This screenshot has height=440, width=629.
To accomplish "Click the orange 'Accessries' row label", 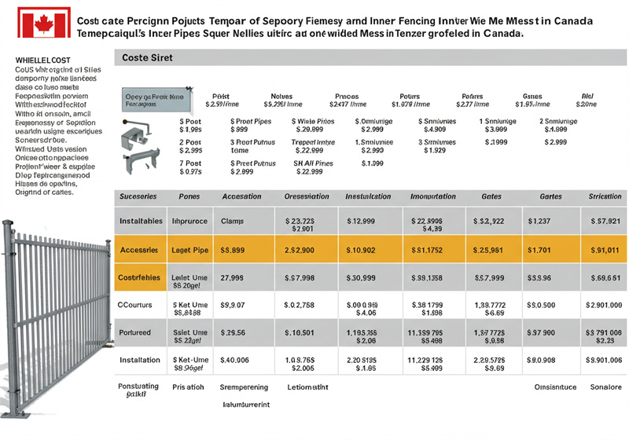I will [x=141, y=250].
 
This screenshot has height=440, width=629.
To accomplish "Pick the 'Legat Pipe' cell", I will [x=189, y=250].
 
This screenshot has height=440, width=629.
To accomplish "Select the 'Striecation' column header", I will [x=605, y=196].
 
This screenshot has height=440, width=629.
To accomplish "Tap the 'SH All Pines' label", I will [x=313, y=163].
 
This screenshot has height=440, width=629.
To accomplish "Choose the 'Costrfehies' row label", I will [x=140, y=277].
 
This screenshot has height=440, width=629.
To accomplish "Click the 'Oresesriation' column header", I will [x=307, y=196].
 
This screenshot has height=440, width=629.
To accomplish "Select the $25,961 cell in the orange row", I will [x=488, y=250].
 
